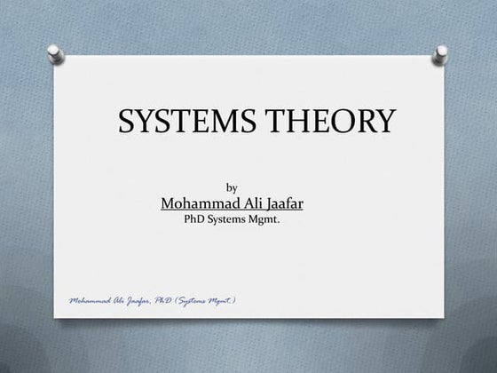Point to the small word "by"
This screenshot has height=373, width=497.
233,186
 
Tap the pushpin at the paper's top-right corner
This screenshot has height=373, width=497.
438,56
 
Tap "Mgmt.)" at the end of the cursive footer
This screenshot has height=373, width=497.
231,301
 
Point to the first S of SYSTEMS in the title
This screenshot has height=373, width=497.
126,122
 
